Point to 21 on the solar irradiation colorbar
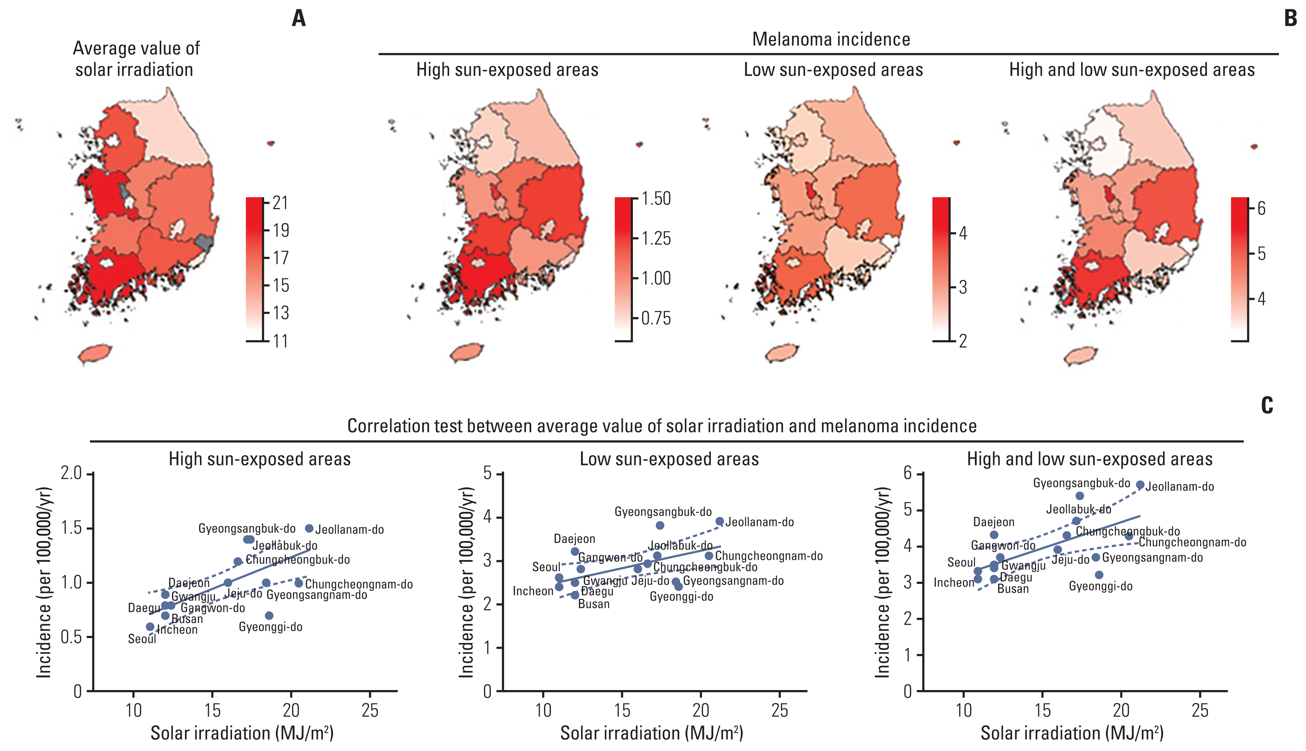[280, 203]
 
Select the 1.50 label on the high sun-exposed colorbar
[656, 199]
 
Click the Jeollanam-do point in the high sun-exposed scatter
[309, 528]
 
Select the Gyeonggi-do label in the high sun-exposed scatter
[270, 627]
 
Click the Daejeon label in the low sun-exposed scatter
[574, 539]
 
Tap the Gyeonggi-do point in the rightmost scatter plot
[1099, 575]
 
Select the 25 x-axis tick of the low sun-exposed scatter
[779, 711]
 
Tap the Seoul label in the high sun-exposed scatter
[142, 639]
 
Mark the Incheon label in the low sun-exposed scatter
[533, 591]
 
